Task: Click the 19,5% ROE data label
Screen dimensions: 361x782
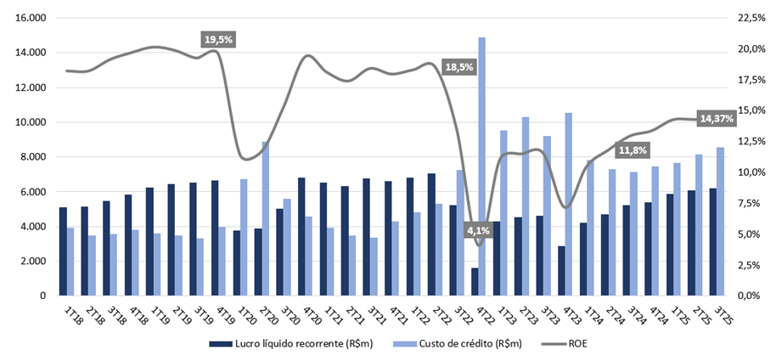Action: pos(217,39)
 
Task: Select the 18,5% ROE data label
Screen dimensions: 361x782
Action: pos(458,67)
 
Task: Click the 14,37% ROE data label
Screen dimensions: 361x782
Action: pos(716,119)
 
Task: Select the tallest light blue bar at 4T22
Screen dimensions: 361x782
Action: pos(481,166)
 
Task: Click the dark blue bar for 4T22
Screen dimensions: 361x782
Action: pos(474,281)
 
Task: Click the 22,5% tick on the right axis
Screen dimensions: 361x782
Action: pos(751,18)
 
